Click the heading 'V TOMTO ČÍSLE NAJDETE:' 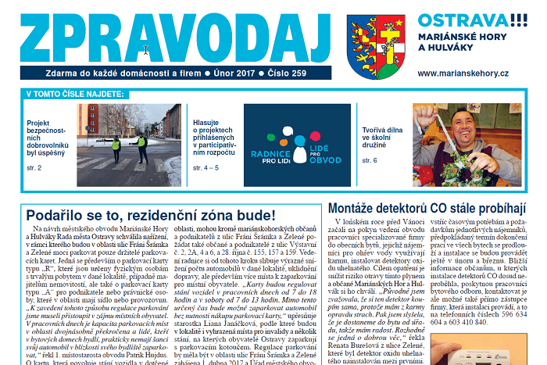point(75,94)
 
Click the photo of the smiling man point(467,134)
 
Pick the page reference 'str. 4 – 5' point(206,167)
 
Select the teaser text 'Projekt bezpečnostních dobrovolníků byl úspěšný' point(49,140)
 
